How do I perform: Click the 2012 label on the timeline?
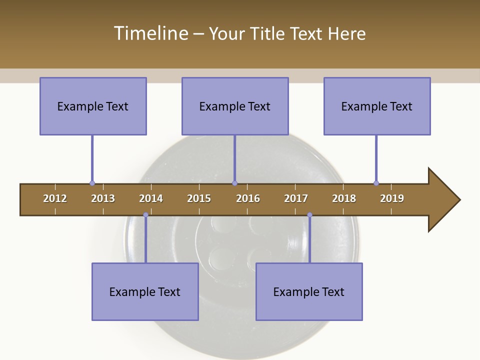click(55, 198)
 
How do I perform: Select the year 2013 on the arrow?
click(103, 198)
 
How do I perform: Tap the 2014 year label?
click(151, 198)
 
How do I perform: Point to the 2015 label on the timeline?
click(199, 198)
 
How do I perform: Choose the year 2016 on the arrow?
click(248, 198)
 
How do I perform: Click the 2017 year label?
click(296, 198)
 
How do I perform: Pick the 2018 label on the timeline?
click(344, 198)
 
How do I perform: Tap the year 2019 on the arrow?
click(392, 198)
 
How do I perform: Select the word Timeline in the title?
click(150, 33)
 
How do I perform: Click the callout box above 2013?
click(93, 106)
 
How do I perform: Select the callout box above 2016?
click(235, 106)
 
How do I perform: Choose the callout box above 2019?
click(377, 106)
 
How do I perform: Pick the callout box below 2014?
click(145, 291)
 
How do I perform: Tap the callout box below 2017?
click(309, 291)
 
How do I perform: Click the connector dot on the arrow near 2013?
click(92, 183)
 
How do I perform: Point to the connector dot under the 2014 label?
click(145, 215)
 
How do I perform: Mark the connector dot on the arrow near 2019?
click(376, 183)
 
